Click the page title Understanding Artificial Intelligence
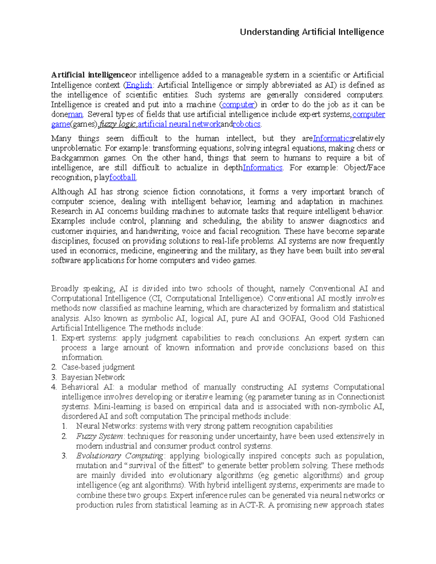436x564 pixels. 312,32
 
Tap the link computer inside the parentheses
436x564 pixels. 238,105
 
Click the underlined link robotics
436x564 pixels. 247,124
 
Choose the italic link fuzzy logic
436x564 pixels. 117,124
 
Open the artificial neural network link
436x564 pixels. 179,124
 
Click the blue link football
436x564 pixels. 122,178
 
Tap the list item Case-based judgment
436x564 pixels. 98,367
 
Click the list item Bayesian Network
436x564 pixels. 93,377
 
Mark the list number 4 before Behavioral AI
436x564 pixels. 54,387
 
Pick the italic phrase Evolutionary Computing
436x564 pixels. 120,456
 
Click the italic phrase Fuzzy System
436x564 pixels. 100,436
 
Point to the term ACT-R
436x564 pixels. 251,505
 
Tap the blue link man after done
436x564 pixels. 75,114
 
